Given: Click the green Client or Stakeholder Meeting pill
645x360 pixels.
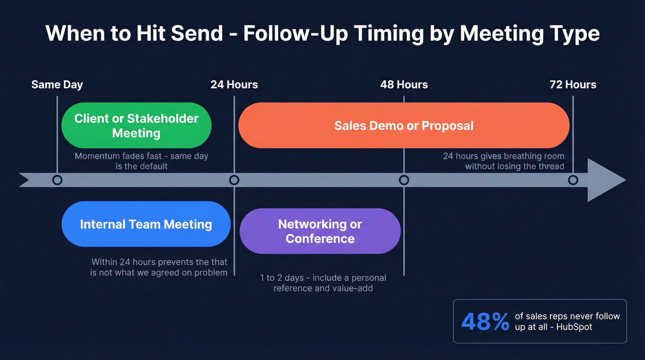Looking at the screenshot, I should click(136, 125).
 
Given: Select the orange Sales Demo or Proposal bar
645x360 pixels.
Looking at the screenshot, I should click(404, 125).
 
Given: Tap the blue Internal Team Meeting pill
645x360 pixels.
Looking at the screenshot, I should click(146, 224).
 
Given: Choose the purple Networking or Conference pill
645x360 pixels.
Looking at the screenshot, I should click(320, 231).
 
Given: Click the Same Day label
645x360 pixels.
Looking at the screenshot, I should click(57, 85).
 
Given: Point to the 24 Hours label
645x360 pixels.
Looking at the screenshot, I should click(234, 85).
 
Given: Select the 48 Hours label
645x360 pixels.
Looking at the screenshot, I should click(404, 85).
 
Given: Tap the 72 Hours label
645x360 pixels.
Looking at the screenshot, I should click(573, 85).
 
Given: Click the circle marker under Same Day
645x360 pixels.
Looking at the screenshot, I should click(57, 180).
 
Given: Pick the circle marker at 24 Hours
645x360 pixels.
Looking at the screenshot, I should click(234, 180).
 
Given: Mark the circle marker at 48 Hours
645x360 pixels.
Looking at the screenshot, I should click(404, 180).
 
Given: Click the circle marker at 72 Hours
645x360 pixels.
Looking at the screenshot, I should click(573, 180).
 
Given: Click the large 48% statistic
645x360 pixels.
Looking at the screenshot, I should click(485, 322).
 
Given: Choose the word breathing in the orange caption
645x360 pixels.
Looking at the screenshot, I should click(523, 156).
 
